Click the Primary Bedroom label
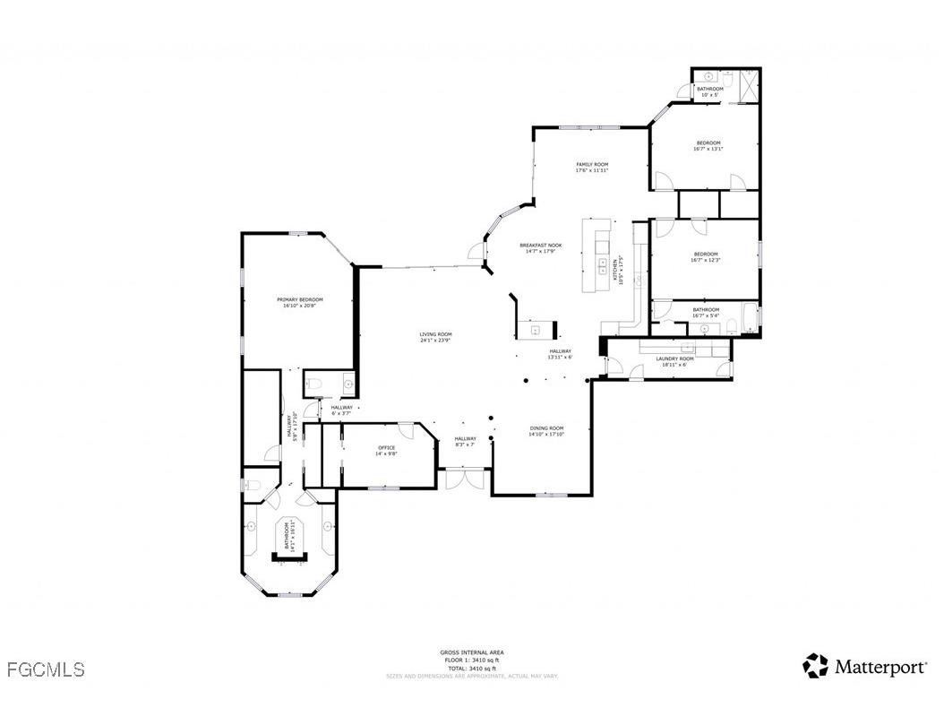pos(299,302)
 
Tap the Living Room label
pos(435,337)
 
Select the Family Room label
pos(592,167)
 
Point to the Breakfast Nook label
pos(541,248)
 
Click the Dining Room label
pos(546,431)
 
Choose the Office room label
pos(386,450)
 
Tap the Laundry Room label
pos(674,361)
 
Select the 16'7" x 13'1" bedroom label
pos(708,146)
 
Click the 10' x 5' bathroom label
pos(710,91)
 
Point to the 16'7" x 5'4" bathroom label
pos(705,312)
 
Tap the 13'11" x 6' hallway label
pos(561,353)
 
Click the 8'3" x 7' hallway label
pos(465,441)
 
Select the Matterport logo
pos(864,666)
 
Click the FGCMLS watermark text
pos(45,669)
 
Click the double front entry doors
pos(464,479)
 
